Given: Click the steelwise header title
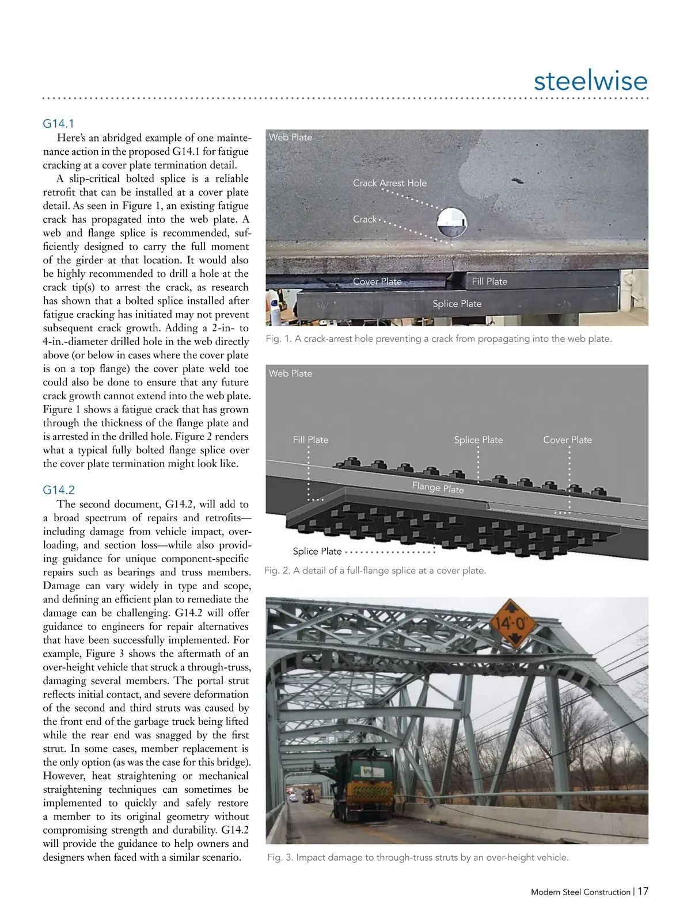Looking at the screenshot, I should (590, 81).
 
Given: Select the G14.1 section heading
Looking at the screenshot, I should (58, 124).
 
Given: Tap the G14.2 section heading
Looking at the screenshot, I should (59, 490).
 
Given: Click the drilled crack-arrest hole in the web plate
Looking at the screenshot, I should (451, 223).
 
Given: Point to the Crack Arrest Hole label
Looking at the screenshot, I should (390, 183).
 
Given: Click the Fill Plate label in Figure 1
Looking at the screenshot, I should (489, 281).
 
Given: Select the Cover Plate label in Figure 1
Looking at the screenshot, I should (377, 281).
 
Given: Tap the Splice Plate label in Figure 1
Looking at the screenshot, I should (457, 304).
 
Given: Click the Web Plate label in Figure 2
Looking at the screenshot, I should (290, 373).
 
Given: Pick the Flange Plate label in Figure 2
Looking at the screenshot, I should (438, 488).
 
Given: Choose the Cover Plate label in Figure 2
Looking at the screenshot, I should (567, 440).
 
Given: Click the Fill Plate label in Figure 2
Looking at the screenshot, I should (310, 440).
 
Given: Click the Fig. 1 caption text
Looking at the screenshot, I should (438, 339).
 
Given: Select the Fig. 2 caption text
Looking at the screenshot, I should (375, 571).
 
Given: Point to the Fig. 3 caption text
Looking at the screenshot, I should (417, 857).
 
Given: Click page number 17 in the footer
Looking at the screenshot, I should (643, 891).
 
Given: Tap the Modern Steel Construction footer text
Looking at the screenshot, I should (580, 892).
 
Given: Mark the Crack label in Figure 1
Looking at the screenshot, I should (365, 219).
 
